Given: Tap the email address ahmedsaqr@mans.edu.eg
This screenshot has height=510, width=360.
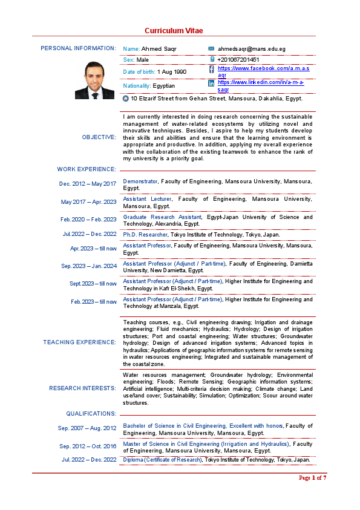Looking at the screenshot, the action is (251, 48).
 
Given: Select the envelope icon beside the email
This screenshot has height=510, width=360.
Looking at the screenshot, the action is (211, 48).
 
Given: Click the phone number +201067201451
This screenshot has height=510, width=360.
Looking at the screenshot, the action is (238, 60).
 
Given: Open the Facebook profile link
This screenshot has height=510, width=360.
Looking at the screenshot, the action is (263, 71).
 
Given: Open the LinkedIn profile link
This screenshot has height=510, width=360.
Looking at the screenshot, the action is (260, 85).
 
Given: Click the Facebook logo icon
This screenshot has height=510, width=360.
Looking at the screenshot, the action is (211, 70).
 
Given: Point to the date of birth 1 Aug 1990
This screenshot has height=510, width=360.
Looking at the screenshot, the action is (172, 72).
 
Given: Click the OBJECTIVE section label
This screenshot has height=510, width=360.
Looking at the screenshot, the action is (99, 137).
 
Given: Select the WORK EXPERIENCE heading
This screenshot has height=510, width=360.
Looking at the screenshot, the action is (87, 169).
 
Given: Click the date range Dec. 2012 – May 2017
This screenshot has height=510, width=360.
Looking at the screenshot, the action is (88, 184).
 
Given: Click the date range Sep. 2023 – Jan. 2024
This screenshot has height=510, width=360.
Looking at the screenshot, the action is (89, 266).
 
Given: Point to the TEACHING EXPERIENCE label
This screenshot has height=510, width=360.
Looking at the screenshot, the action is (79, 342).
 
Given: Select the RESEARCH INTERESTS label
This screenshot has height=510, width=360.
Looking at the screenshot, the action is (82, 388).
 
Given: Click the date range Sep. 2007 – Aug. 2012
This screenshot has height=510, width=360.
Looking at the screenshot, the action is (88, 428).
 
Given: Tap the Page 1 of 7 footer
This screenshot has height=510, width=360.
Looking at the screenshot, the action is (312, 478).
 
